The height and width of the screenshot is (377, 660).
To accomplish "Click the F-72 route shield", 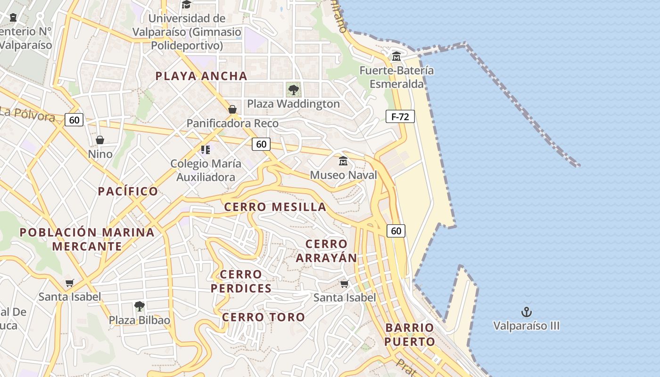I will (x=400, y=116).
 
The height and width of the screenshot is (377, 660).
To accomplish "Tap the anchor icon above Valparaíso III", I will (x=526, y=312).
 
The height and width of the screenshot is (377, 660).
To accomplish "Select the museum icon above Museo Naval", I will (x=343, y=161).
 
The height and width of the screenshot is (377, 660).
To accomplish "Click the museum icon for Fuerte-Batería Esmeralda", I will (x=396, y=57).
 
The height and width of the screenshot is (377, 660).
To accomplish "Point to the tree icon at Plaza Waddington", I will (x=293, y=89).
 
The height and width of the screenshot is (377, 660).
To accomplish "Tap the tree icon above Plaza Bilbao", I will (x=139, y=306).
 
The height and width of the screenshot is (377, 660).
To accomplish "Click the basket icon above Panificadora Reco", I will (x=232, y=109).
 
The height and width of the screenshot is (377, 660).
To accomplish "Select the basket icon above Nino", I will (x=100, y=140).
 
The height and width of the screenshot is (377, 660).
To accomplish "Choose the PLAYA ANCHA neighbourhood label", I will (x=201, y=76).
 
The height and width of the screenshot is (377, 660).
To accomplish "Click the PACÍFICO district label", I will (x=128, y=191).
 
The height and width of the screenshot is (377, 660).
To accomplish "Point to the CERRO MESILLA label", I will (x=275, y=207).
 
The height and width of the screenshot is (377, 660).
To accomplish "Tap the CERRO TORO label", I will (x=264, y=317).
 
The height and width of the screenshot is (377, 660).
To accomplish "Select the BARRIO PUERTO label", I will (x=409, y=335).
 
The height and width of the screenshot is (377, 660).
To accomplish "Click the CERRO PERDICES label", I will (x=241, y=281).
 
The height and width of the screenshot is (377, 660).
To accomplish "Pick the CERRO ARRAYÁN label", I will (x=326, y=251).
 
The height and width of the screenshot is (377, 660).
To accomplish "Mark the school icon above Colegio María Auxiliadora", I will (x=205, y=150).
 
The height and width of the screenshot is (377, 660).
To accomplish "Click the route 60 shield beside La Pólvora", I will (x=74, y=120).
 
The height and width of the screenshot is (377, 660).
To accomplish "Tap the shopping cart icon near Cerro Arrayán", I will (x=345, y=284).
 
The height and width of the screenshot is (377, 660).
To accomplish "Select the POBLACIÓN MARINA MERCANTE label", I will (x=87, y=239).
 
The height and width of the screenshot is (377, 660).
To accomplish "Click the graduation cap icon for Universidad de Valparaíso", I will (x=186, y=5).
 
